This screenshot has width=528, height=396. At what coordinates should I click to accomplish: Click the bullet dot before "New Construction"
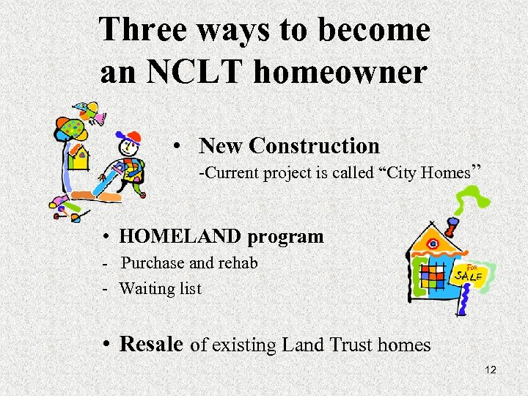click(x=177, y=147)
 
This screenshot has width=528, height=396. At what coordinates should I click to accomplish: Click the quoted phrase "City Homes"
click(x=428, y=173)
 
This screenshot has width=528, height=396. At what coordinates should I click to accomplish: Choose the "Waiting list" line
click(x=160, y=288)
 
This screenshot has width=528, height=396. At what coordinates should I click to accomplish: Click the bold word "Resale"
click(x=151, y=343)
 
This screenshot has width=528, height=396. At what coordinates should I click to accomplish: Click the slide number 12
click(x=491, y=370)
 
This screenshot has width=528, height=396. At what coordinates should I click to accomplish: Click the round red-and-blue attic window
click(x=433, y=243)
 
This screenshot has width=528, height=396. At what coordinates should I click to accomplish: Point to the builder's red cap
click(x=132, y=137)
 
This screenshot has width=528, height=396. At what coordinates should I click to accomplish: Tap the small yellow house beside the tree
click(x=78, y=156)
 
